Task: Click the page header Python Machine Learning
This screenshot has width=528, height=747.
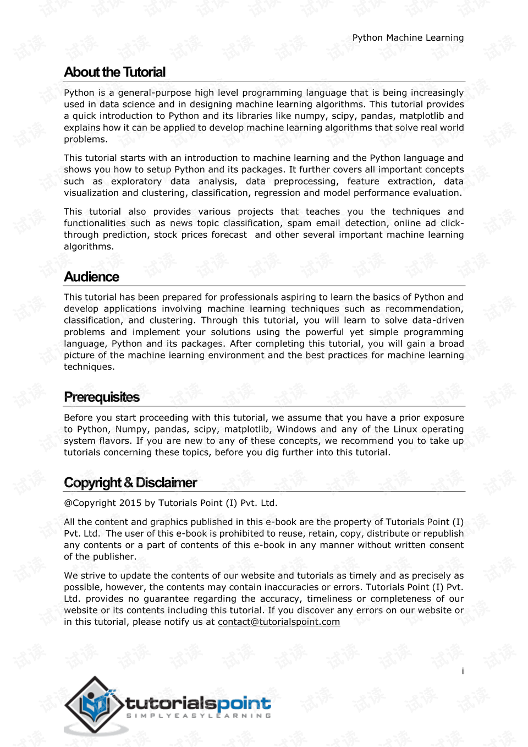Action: tap(408, 37)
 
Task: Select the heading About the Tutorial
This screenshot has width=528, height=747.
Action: tap(114, 72)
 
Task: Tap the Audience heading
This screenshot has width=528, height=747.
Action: tap(91, 276)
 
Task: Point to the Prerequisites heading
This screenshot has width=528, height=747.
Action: tap(102, 397)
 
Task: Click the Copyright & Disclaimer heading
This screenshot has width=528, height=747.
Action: tap(130, 483)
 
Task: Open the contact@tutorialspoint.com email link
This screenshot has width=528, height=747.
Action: tap(279, 622)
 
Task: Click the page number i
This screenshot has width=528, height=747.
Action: tap(463, 671)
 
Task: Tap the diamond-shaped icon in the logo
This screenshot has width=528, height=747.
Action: tap(95, 704)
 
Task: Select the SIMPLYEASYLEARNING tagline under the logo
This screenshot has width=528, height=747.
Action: tap(199, 716)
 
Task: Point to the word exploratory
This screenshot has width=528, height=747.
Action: tap(136, 181)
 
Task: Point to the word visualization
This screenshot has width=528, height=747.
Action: tap(91, 193)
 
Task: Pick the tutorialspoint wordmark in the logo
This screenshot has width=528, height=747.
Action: tap(198, 703)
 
